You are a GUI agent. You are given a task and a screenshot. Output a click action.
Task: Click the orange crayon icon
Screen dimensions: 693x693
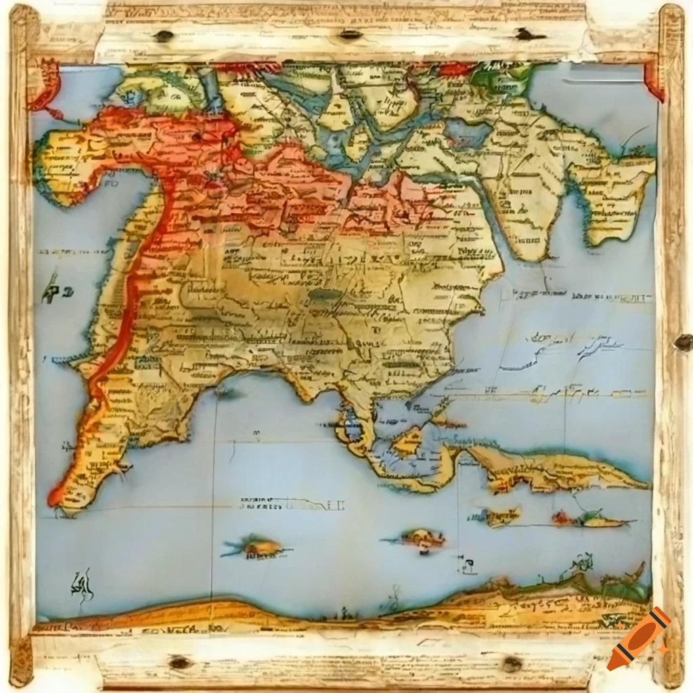[x=638, y=638]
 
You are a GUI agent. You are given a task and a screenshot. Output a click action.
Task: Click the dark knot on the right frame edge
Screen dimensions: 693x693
[x=682, y=342]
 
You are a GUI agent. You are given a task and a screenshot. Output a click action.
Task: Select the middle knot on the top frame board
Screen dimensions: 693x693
[x=351, y=34]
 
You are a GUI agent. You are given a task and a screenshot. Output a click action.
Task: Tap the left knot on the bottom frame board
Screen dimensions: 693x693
[x=180, y=663]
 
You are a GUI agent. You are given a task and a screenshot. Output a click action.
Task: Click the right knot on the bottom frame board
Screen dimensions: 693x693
[x=512, y=663]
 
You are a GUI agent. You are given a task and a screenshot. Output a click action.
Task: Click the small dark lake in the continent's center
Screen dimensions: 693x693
[x=326, y=295]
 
